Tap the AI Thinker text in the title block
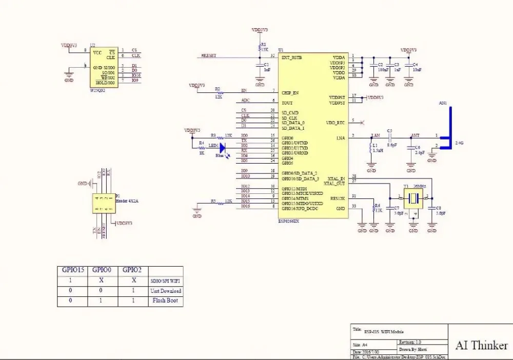[x=481, y=345]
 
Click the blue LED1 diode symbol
[x=223, y=146]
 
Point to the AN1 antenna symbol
[x=447, y=131]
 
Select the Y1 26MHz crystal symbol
[x=412, y=197]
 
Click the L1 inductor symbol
[x=370, y=149]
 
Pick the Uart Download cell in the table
[x=166, y=291]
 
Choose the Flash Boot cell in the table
[x=166, y=301]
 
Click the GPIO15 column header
[x=72, y=270]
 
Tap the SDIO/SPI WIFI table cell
[x=166, y=281]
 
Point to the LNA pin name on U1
[x=340, y=138]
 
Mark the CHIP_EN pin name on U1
[x=290, y=93]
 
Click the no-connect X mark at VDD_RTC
[x=363, y=122]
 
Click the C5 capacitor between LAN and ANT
[x=390, y=137]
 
